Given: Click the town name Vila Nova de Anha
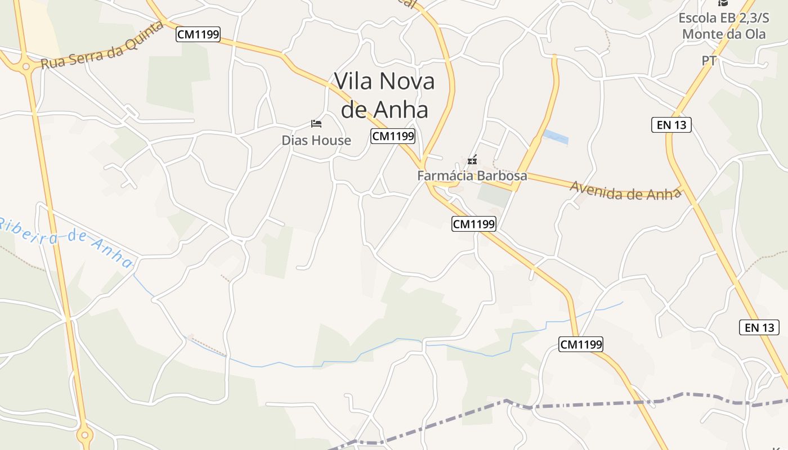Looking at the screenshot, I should point(384,95).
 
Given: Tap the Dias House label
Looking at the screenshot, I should point(316,141).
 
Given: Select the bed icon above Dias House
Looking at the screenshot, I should point(316,123).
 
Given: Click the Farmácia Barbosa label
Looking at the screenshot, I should point(472,175).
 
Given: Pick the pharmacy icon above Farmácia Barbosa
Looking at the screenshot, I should point(472,160).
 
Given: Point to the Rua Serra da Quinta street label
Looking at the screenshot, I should point(102,46).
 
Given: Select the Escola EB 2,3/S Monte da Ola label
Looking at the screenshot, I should point(724,26).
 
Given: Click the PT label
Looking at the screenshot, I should point(709,61).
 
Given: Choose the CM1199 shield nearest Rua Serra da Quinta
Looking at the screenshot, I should point(198,34).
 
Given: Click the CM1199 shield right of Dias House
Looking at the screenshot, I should point(393,136).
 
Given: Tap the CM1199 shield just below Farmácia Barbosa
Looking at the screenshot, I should point(474,224).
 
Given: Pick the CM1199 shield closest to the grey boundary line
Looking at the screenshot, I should point(581,344).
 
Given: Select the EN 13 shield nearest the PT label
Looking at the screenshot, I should point(671,125).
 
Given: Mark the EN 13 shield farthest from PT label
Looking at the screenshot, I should point(759,327).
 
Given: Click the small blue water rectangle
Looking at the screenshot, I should point(556,137).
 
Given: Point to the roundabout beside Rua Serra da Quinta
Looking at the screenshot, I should point(25,67).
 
